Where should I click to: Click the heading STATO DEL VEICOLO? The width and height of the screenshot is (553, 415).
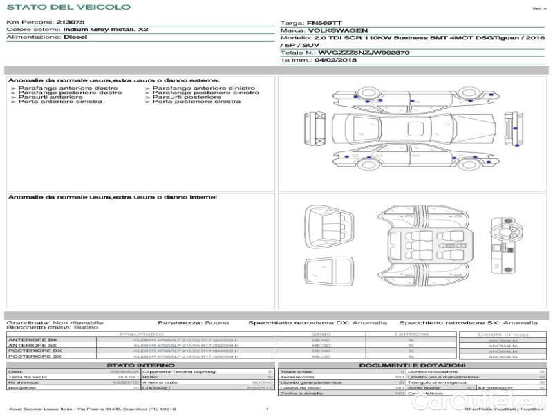[68, 7]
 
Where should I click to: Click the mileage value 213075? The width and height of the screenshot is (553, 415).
[71, 23]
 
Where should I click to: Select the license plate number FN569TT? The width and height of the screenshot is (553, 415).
[321, 23]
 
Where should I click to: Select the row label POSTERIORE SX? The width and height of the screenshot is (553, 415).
[34, 356]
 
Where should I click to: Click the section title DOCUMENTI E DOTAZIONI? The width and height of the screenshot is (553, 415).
[413, 365]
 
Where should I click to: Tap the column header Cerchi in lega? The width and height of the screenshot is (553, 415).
[503, 334]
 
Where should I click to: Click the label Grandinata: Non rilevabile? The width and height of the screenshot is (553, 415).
[55, 322]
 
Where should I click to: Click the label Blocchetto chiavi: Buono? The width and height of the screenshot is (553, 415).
[52, 327]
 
